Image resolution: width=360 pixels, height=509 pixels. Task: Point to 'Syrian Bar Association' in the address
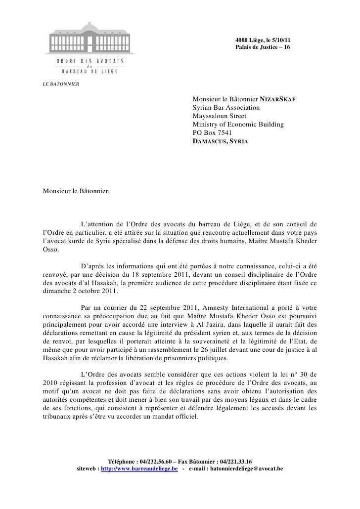tap(226, 108)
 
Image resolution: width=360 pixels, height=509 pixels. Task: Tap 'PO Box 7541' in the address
tap(211, 133)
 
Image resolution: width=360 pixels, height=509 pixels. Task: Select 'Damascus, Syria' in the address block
tap(219, 141)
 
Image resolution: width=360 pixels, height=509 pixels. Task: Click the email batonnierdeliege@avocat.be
tap(242, 468)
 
